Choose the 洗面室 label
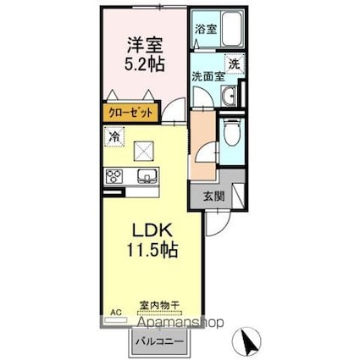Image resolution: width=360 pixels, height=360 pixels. (208, 76)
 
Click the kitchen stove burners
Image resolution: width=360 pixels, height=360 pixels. (114, 176)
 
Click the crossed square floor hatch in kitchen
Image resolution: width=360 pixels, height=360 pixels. (142, 149)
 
